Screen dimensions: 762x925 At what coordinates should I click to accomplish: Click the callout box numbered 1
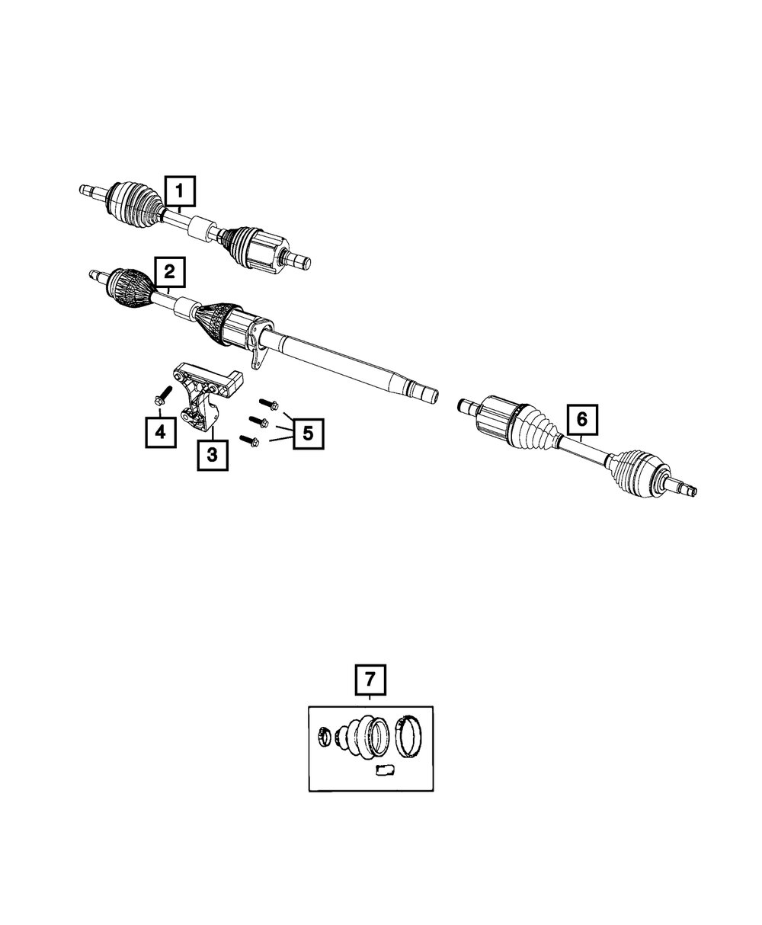[x=180, y=191]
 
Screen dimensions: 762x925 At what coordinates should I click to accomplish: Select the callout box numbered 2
[x=170, y=272]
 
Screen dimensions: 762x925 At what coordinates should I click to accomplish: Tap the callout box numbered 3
[x=213, y=455]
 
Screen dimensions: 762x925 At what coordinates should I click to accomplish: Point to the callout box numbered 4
[x=161, y=431]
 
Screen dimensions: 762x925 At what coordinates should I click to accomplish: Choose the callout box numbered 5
[x=309, y=434]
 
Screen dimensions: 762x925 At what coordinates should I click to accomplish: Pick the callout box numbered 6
[x=582, y=419]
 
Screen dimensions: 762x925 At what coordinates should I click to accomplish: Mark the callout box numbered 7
[x=370, y=692]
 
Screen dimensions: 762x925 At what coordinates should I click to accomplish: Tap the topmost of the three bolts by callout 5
[x=269, y=404]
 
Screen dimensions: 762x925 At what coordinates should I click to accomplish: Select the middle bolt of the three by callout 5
[x=259, y=422]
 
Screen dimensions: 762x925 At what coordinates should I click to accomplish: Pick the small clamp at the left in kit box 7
[x=325, y=738]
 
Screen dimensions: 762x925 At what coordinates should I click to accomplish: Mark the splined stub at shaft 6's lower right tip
[x=684, y=488]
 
